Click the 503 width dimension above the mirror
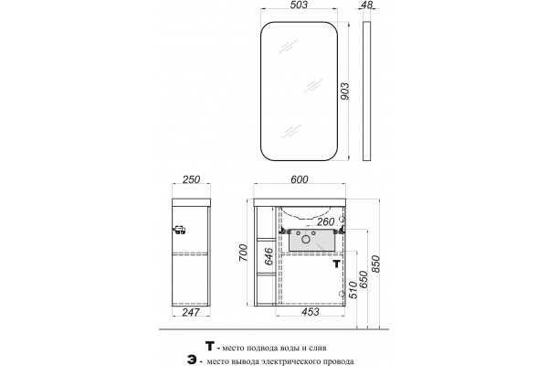point(300,5)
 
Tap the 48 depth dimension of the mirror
point(367,5)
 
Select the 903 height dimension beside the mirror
point(344,91)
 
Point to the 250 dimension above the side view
point(192,179)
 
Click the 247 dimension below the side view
point(191,312)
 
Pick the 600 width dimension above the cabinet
point(300,179)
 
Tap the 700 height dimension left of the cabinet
point(243,253)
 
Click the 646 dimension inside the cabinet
point(268,257)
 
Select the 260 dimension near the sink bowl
point(325,221)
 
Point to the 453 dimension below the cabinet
point(310,312)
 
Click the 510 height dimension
point(353,289)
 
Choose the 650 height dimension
point(364,279)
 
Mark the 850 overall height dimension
point(375,264)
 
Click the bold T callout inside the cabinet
point(336,264)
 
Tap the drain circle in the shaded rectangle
point(306,239)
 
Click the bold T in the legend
point(210,347)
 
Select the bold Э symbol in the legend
point(192,361)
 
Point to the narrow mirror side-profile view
point(366,91)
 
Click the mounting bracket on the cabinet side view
point(179,230)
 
